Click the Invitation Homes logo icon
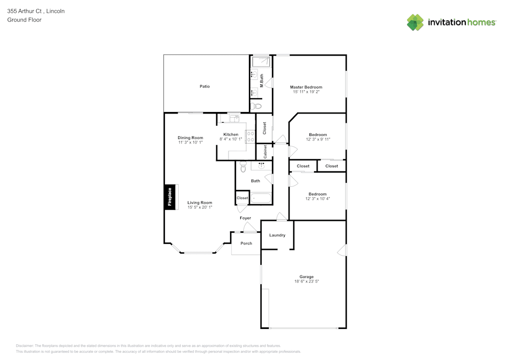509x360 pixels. coord(415,22)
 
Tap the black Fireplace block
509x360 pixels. coord(170,197)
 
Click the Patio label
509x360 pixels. coord(205,87)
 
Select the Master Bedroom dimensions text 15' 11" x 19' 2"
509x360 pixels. coord(306,92)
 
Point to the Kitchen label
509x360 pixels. coord(231,134)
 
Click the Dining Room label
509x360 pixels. coord(190,137)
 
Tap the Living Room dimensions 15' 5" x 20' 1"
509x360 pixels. coord(200,207)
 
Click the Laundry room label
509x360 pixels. coord(277,235)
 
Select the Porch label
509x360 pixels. coord(246,243)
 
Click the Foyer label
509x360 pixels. coord(245,218)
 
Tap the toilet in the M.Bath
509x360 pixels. coord(256,106)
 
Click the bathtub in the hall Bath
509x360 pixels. coord(261,198)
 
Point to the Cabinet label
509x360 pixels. coord(265,152)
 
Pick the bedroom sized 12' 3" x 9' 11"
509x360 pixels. coord(318,137)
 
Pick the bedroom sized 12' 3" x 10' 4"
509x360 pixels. coord(318,196)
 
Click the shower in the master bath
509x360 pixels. coord(262,62)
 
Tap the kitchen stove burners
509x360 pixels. coord(250,136)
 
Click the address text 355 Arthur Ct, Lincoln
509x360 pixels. coord(36,11)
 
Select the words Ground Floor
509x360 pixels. coord(24,20)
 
